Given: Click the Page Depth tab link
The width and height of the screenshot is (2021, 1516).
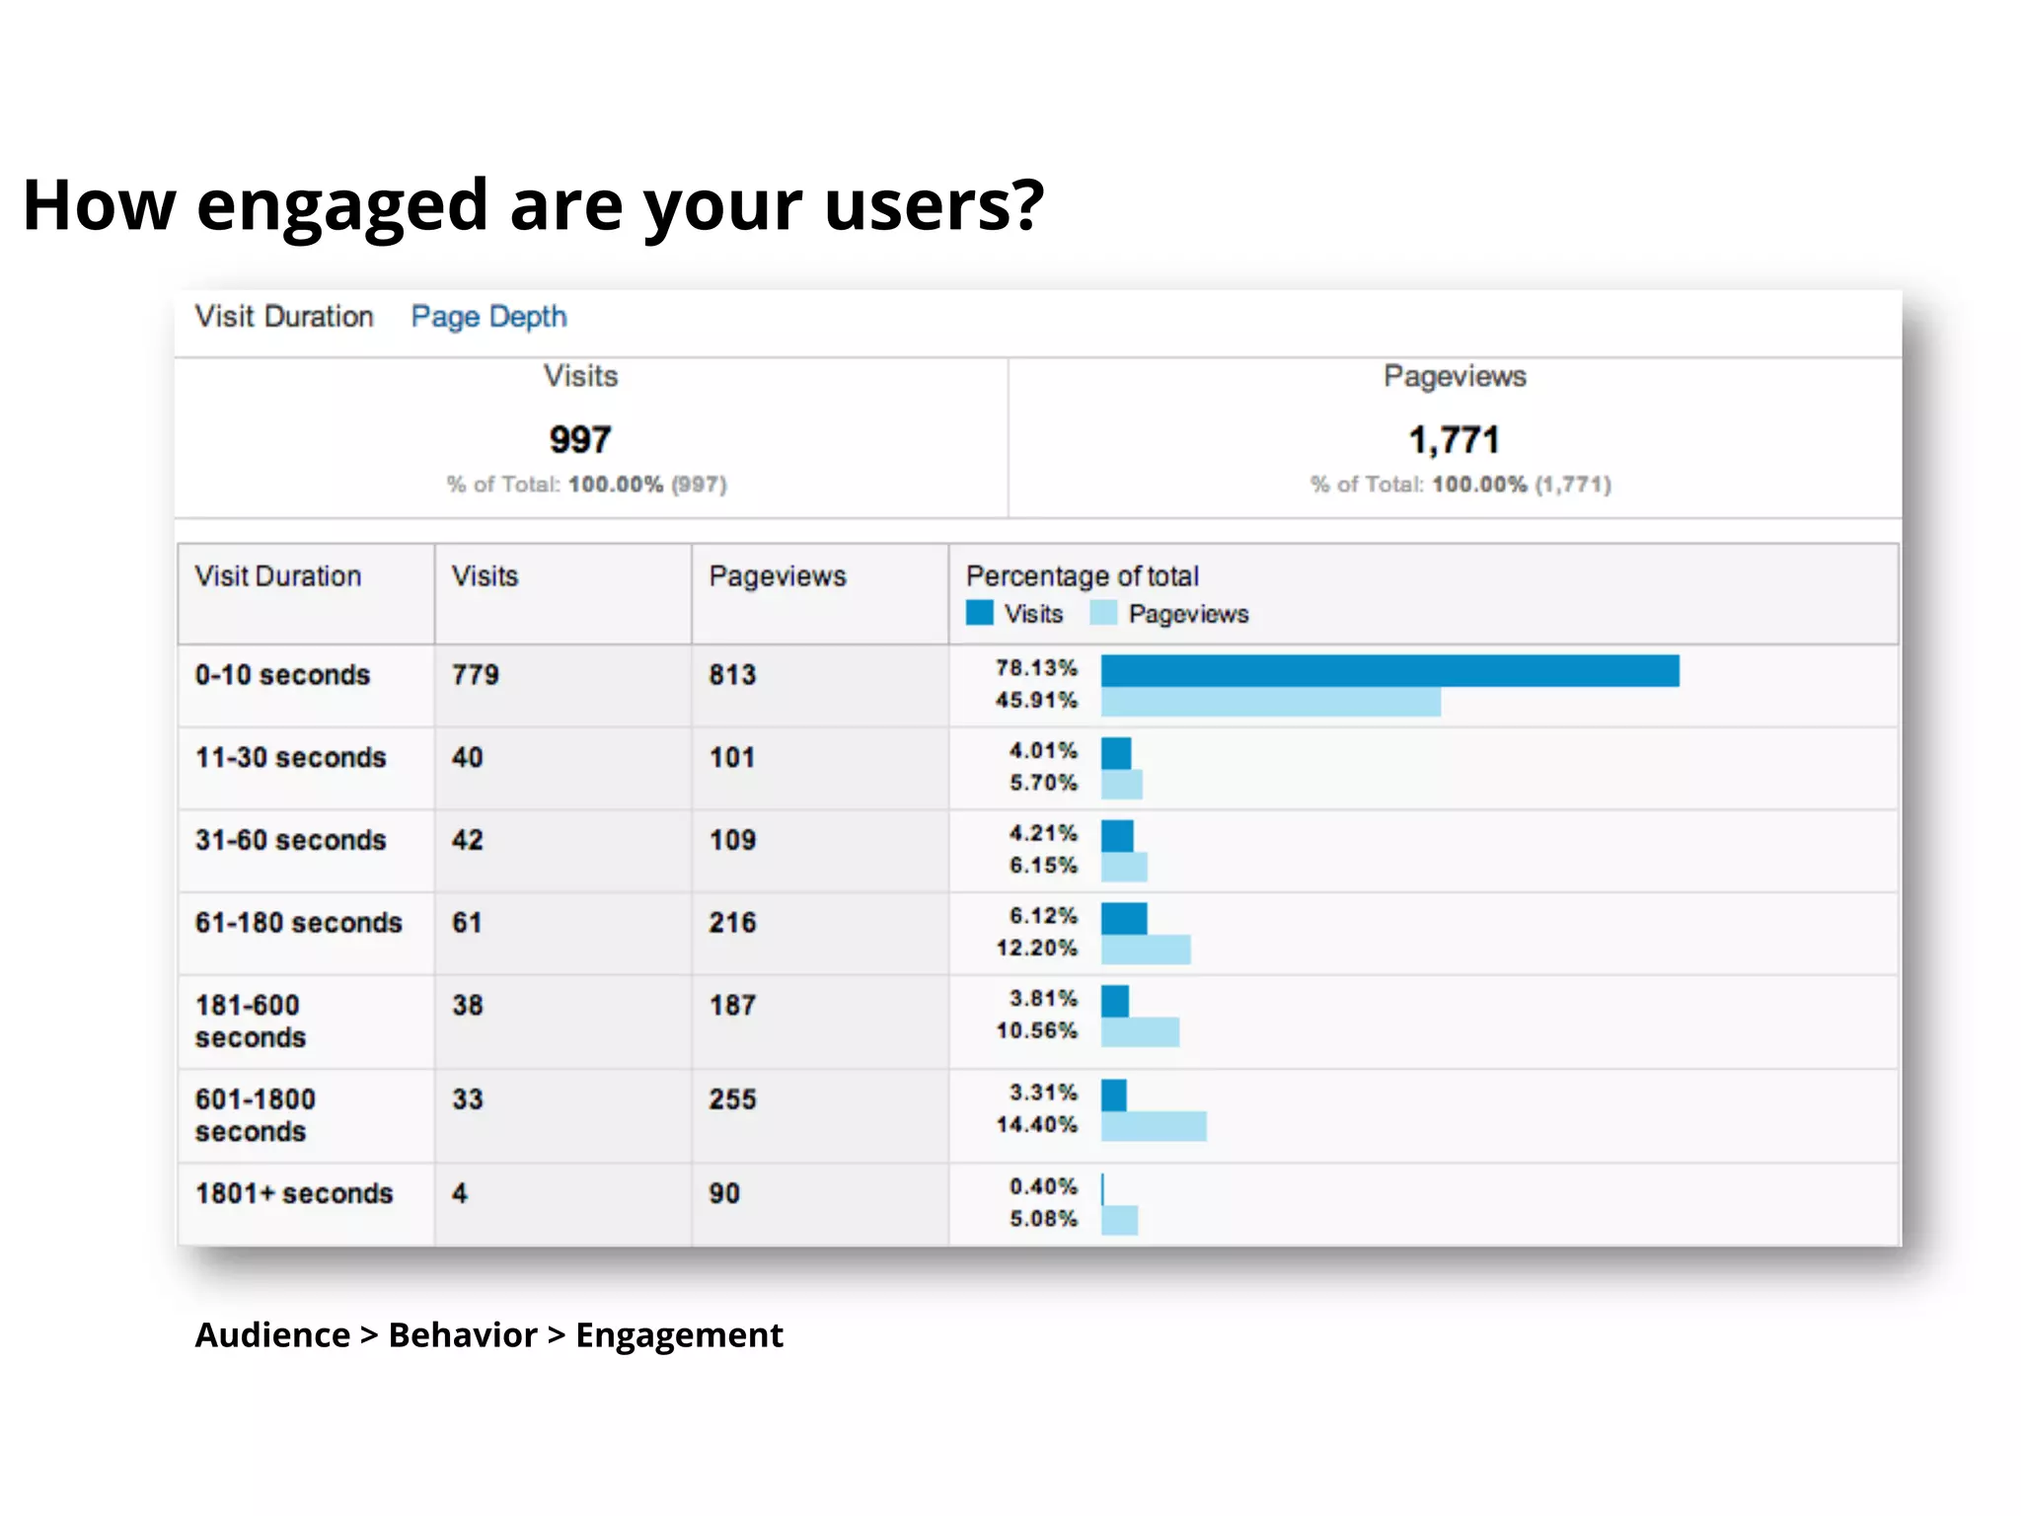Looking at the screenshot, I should (x=488, y=317).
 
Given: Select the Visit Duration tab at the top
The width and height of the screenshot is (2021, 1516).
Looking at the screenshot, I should (x=284, y=317).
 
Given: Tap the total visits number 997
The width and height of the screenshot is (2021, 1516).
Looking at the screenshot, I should (x=580, y=440).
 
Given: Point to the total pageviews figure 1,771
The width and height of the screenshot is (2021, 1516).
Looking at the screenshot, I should (x=1454, y=440).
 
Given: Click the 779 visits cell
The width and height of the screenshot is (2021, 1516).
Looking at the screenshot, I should (x=476, y=675).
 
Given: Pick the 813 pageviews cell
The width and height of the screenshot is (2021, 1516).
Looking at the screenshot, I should (x=732, y=675).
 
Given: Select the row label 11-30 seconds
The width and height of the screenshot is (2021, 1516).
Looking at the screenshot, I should (x=290, y=758).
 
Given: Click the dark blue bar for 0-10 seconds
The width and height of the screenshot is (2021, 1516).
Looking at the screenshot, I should (x=1389, y=671).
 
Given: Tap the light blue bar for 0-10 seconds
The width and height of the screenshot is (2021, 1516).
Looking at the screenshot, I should (x=1270, y=703).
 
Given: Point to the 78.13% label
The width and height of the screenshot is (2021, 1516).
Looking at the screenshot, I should (x=1036, y=668).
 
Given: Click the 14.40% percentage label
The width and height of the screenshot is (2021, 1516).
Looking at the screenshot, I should (x=1036, y=1125).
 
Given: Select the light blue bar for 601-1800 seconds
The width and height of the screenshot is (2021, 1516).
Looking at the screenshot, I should (x=1153, y=1126).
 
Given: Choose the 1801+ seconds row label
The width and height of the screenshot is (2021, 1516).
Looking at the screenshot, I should (x=294, y=1194).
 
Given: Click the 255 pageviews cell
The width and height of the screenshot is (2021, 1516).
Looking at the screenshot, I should (x=732, y=1099).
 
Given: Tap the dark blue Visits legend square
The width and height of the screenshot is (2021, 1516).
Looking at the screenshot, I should (x=979, y=613).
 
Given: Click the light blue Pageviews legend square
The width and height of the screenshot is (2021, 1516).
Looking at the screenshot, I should (x=1103, y=613).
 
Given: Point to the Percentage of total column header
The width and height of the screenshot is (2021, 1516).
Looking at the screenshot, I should (x=1082, y=576).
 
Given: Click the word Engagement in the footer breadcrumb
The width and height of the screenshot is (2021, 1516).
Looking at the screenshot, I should (x=679, y=1335).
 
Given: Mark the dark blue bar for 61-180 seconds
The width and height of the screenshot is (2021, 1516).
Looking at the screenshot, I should (x=1123, y=919).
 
